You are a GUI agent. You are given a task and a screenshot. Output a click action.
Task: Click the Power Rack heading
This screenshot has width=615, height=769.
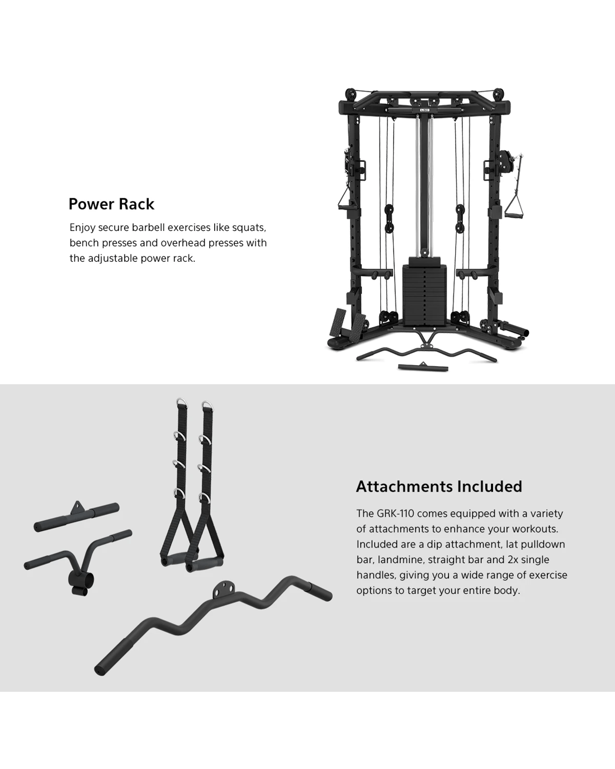(x=111, y=204)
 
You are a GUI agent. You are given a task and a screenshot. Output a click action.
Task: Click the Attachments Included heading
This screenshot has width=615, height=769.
(x=439, y=487)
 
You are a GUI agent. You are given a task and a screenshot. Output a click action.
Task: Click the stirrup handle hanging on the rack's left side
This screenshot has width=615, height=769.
(x=344, y=200)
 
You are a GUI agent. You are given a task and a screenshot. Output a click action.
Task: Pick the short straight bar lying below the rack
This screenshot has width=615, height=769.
(x=423, y=367)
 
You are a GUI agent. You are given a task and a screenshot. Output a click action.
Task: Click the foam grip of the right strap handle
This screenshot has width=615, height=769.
(x=205, y=564)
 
